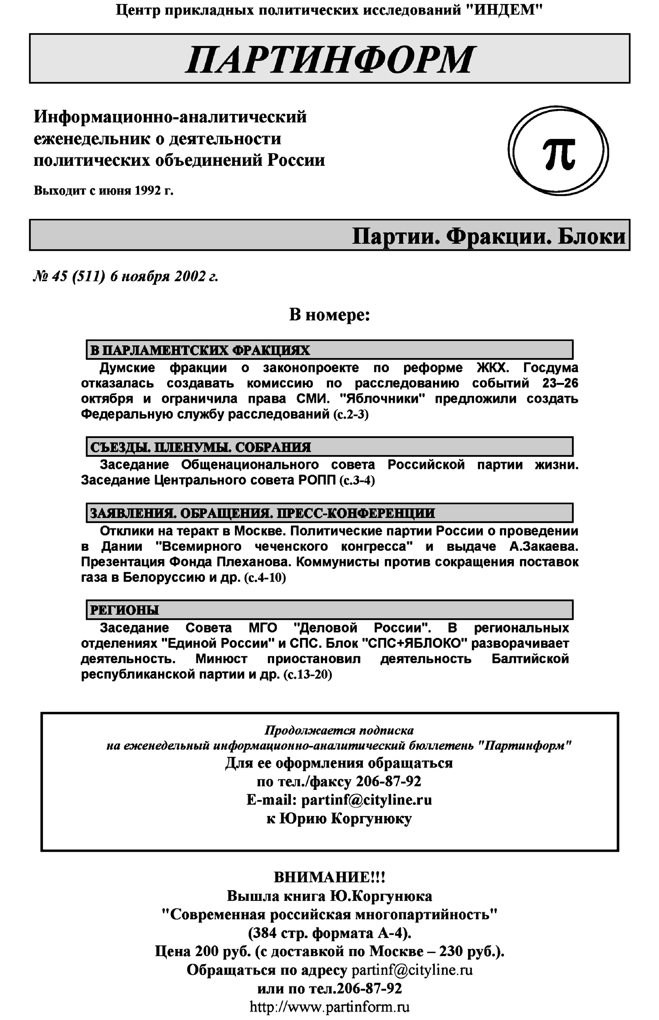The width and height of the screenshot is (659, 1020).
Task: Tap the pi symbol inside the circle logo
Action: [559, 153]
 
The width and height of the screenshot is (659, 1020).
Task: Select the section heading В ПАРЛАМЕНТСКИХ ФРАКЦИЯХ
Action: [200, 350]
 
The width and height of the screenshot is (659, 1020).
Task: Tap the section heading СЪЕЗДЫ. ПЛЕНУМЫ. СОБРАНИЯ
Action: [200, 447]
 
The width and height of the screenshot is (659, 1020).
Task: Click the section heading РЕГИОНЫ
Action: [124, 610]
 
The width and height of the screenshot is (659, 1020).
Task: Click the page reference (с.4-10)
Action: [264, 578]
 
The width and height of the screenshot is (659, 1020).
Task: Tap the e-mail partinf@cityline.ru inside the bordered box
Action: [367, 800]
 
